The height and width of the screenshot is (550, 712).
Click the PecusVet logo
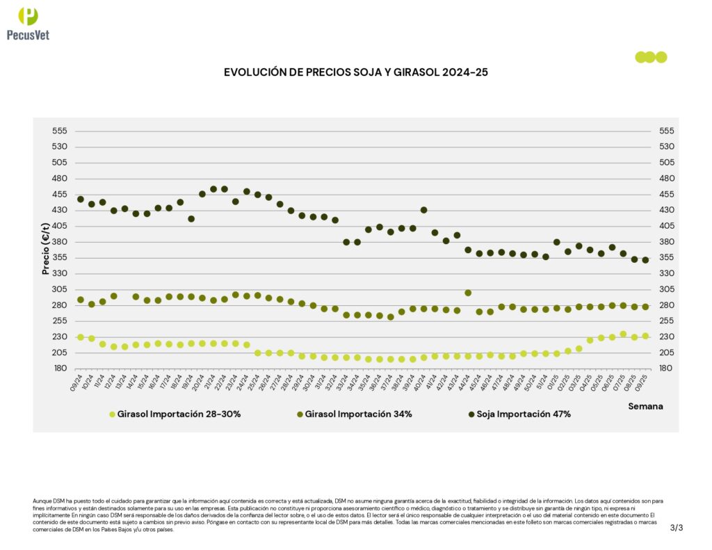(28, 23)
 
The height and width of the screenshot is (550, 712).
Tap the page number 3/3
(677, 528)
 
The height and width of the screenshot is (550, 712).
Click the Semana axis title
(645, 406)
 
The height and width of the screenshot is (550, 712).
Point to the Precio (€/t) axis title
(46, 249)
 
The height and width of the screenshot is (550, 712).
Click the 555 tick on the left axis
(59, 131)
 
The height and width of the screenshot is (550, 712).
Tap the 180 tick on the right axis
(666, 369)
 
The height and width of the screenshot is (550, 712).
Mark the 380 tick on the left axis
(59, 242)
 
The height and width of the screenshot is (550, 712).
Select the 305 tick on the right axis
(666, 289)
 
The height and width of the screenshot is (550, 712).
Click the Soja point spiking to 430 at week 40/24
(423, 210)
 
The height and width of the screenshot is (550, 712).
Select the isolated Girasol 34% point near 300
(468, 293)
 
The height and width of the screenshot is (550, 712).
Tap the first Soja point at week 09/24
(80, 200)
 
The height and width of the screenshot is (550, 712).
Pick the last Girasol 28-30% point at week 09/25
(645, 336)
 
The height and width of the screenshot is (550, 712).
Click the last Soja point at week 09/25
(645, 260)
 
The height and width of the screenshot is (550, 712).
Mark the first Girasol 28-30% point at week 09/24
(80, 337)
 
